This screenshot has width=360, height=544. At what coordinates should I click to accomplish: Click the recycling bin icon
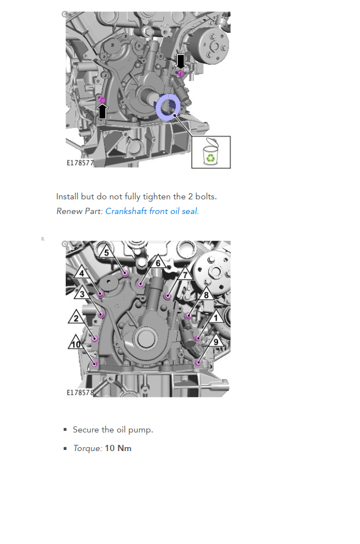pyautogui.click(x=210, y=152)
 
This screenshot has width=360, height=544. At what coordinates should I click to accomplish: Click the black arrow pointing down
pyautogui.click(x=180, y=61)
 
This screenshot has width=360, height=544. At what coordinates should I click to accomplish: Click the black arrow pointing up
pyautogui.click(x=103, y=112)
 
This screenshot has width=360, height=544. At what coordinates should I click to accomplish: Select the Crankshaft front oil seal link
pyautogui.click(x=151, y=211)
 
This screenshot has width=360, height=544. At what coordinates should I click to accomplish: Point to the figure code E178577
pyautogui.click(x=80, y=163)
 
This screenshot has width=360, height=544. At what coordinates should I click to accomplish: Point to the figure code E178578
pyautogui.click(x=80, y=393)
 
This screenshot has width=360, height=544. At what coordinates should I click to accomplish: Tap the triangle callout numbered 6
pyautogui.click(x=158, y=262)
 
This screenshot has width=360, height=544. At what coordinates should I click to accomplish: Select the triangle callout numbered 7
pyautogui.click(x=185, y=274)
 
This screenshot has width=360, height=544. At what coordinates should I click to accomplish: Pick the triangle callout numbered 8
pyautogui.click(x=206, y=295)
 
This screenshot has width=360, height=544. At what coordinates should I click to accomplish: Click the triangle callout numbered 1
pyautogui.click(x=216, y=316)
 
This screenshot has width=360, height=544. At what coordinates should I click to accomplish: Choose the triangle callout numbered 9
pyautogui.click(x=216, y=341)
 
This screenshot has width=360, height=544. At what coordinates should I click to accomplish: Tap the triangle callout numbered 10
pyautogui.click(x=75, y=343)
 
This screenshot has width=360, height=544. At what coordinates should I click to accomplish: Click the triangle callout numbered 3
pyautogui.click(x=82, y=293)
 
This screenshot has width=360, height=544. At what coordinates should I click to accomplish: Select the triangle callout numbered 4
pyautogui.click(x=82, y=273)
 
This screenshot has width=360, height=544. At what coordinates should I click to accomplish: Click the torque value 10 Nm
pyautogui.click(x=118, y=448)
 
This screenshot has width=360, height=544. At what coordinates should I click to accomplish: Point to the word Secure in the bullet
pyautogui.click(x=86, y=430)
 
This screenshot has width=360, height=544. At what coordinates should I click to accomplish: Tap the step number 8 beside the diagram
pyautogui.click(x=43, y=239)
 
